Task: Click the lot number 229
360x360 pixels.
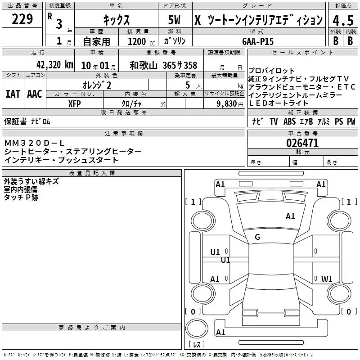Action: (22, 19)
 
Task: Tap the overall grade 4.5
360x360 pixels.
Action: (343, 20)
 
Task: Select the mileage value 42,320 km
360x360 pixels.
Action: (54, 65)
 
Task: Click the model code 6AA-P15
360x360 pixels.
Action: (258, 41)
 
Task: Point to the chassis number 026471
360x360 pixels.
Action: (302, 143)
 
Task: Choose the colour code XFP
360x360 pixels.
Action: (74, 104)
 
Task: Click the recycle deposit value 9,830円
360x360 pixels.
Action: (230, 104)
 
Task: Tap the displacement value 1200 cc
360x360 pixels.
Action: (141, 41)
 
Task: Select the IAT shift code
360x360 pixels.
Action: (13, 94)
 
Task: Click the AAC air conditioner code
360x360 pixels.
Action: (35, 94)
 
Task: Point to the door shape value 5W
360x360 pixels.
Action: (174, 20)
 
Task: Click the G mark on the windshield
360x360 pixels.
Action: (257, 237)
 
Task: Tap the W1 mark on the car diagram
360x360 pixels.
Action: (327, 279)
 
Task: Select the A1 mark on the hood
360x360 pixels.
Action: (290, 216)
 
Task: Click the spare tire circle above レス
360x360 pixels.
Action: (197, 328)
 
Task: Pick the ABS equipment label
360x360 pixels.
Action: (289, 121)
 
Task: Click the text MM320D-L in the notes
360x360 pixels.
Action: (34, 143)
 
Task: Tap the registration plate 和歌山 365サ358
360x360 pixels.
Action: (163, 65)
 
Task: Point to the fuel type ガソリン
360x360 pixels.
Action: (175, 41)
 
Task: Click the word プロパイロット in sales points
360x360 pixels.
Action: (271, 71)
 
